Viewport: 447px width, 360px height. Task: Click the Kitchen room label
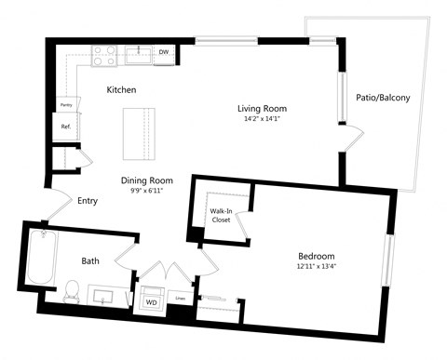tap(121, 90)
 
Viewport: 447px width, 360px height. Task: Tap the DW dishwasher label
tap(164, 52)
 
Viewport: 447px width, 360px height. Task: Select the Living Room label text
tap(260, 108)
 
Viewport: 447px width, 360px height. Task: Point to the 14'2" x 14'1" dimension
tap(260, 119)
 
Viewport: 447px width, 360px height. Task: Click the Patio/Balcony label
tap(383, 97)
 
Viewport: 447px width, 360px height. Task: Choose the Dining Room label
tap(147, 180)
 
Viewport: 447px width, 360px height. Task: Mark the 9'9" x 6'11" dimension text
tap(147, 192)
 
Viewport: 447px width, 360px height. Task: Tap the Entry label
tap(88, 200)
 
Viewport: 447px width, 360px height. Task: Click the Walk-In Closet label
tap(221, 216)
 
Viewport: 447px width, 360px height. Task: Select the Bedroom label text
tap(316, 256)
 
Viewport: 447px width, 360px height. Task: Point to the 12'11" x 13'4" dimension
tap(316, 267)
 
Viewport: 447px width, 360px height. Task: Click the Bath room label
tap(89, 261)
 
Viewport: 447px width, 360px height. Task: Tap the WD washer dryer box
tap(151, 302)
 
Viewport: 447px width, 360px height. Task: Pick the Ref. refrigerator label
tap(66, 127)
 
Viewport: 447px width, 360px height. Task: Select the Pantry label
tap(66, 105)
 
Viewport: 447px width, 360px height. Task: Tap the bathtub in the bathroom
tap(40, 260)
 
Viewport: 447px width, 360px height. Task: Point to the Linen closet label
tap(181, 299)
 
